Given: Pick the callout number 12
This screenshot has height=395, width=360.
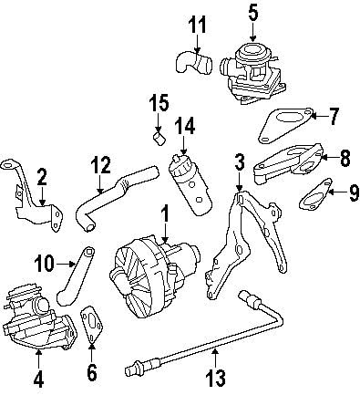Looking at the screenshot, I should coord(101,165).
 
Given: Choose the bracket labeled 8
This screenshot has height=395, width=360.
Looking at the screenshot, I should coord(287,164).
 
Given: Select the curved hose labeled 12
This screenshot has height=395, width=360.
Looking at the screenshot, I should coord(99,205).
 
